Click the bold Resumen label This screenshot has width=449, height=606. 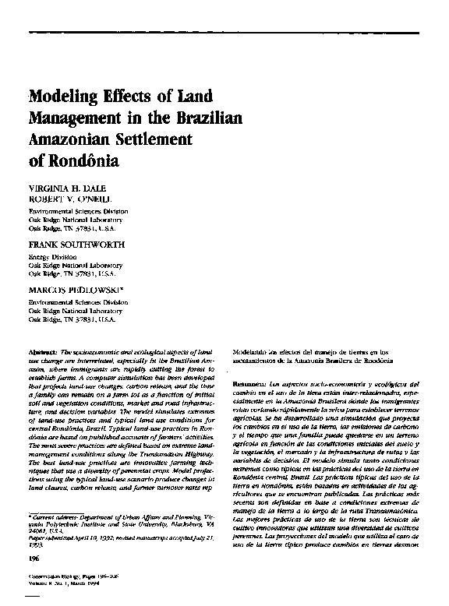[x=249, y=385]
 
